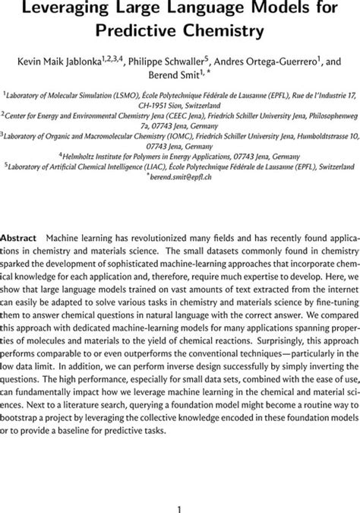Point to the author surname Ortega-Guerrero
click(289, 60)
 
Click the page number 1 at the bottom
click(180, 491)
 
